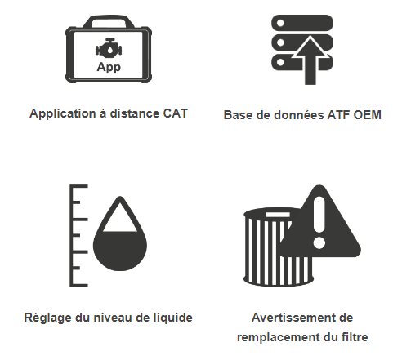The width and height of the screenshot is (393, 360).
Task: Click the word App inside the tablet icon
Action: (x=109, y=67)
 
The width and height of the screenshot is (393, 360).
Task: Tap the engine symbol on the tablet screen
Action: (x=109, y=48)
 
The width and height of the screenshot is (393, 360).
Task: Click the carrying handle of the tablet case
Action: (x=109, y=21)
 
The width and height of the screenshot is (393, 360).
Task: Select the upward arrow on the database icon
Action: (x=310, y=60)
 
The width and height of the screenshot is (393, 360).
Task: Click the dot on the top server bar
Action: (x=280, y=23)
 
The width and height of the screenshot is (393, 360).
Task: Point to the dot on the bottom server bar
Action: (x=280, y=62)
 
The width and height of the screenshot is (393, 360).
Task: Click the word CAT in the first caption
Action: (x=176, y=113)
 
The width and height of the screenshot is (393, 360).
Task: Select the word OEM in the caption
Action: (x=367, y=115)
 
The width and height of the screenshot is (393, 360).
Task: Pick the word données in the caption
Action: (x=299, y=115)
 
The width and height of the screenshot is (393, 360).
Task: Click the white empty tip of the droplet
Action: (x=120, y=218)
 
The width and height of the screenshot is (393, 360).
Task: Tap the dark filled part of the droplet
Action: (x=120, y=251)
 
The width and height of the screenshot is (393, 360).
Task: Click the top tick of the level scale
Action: (x=79, y=186)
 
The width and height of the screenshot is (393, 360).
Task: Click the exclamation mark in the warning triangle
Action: (x=319, y=223)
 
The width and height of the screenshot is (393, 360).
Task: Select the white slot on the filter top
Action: (x=278, y=215)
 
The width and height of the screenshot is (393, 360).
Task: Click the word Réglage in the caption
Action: (x=48, y=318)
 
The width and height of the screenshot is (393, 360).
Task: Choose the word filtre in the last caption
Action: (x=355, y=337)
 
